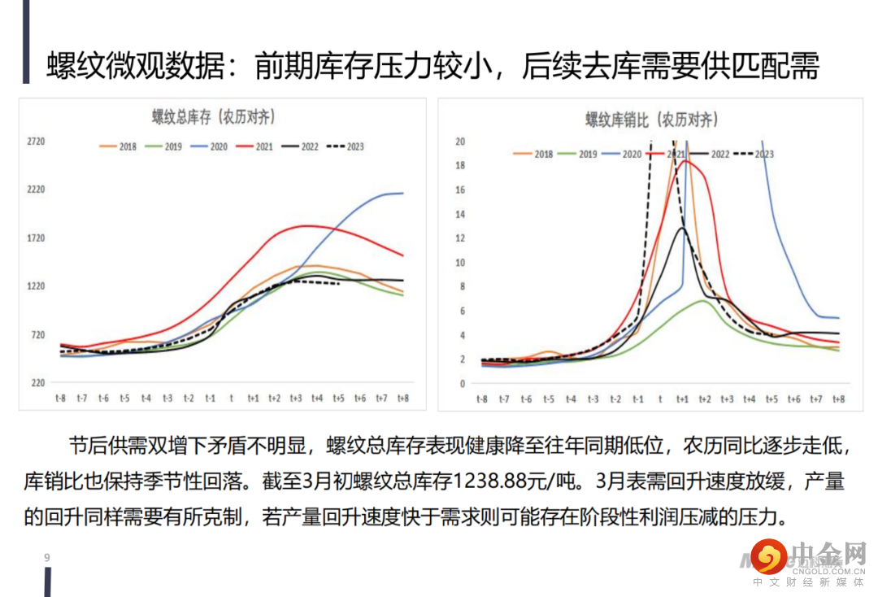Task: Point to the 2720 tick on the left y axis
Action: coord(36,142)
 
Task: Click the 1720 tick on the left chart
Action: coord(36,238)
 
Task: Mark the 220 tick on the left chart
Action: coord(37,382)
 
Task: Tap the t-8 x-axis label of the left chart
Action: coord(60,398)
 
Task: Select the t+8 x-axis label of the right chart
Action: coord(838,399)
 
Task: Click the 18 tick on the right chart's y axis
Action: coord(459,166)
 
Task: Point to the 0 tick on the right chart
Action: coord(462,384)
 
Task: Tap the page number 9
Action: coord(47,557)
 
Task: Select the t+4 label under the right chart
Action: coord(749,399)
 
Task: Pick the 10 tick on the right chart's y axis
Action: coord(459,263)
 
